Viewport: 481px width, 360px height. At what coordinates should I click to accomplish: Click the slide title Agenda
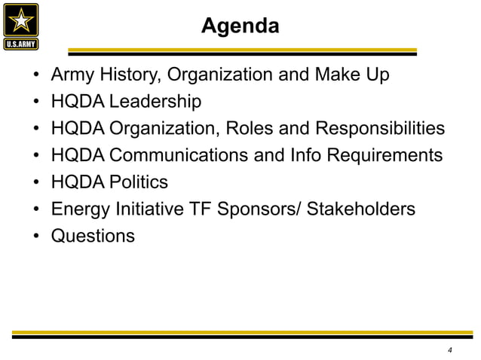pyautogui.click(x=240, y=27)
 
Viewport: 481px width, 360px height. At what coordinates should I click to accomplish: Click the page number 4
pyautogui.click(x=449, y=350)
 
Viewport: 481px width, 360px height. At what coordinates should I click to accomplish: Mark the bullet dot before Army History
pyautogui.click(x=36, y=76)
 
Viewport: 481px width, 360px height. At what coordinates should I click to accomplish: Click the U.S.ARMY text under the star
pyautogui.click(x=23, y=43)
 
